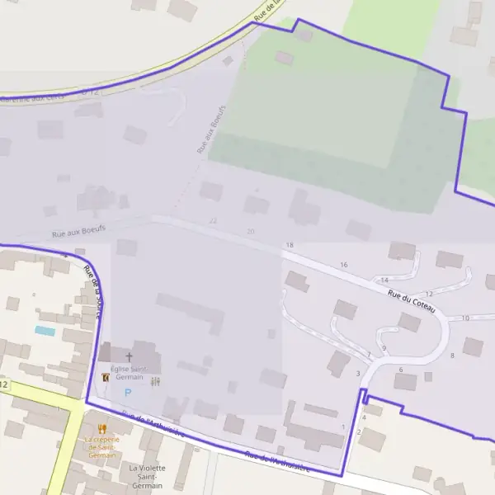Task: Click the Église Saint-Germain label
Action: click(x=129, y=372)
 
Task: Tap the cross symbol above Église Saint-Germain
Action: click(x=129, y=357)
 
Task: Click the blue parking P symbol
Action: click(x=128, y=391)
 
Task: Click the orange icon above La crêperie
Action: click(x=101, y=428)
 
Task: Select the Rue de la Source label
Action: click(x=94, y=291)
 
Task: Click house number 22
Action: click(x=214, y=221)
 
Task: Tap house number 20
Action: click(x=250, y=232)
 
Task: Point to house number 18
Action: click(x=290, y=246)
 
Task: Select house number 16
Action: click(x=344, y=265)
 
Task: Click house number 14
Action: click(x=384, y=280)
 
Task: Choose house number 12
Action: click(x=429, y=294)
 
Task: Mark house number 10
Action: click(x=465, y=318)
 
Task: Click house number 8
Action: click(x=452, y=356)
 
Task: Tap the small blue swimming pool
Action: click(x=45, y=331)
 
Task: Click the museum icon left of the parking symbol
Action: click(x=105, y=377)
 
